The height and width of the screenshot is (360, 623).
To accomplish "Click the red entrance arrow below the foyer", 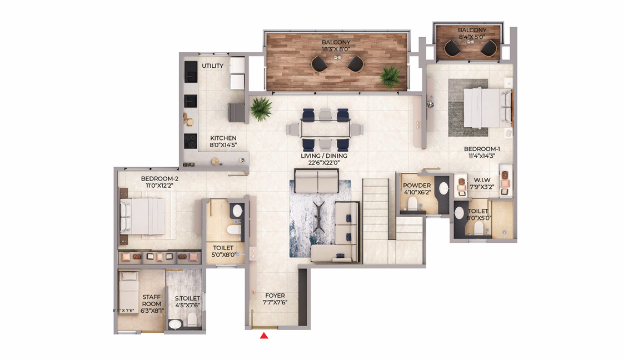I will click(264, 335).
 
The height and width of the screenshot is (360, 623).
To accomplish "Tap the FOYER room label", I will click(275, 296).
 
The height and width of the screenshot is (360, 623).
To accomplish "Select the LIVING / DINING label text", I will click(324, 156).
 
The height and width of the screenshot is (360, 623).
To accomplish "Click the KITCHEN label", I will click(223, 138).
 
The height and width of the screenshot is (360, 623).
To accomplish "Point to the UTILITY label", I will click(212, 66).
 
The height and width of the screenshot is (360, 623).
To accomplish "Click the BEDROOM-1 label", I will click(482, 149).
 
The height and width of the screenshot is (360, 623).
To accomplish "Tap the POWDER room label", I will click(417, 185).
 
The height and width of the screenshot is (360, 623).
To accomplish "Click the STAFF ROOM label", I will click(151, 301).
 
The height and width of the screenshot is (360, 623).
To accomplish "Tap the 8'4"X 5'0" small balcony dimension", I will click(472, 37).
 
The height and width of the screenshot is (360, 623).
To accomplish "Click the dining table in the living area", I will click(325, 129).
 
